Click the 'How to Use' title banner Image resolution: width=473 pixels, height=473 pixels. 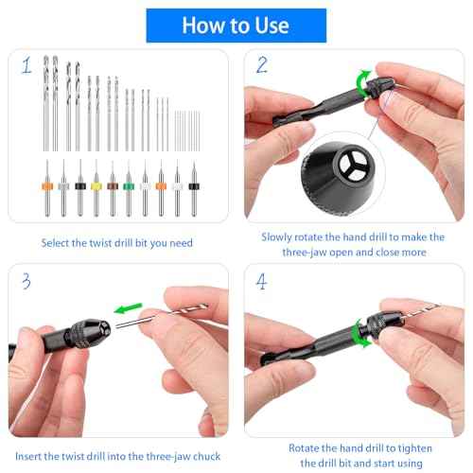(x=236, y=25)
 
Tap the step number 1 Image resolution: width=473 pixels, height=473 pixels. (x=26, y=66)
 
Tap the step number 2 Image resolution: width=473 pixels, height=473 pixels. (x=262, y=66)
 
